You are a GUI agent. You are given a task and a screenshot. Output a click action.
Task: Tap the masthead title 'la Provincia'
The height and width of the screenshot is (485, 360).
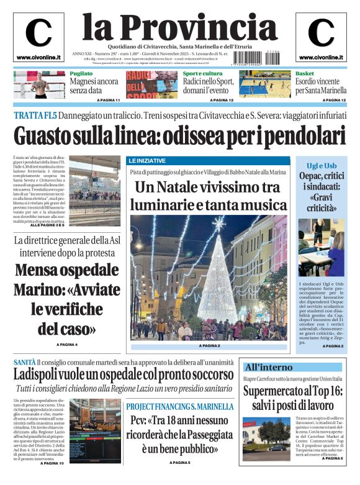tap(179, 27)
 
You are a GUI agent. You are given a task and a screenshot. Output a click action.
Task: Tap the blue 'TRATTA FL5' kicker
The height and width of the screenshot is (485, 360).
tap(35, 116)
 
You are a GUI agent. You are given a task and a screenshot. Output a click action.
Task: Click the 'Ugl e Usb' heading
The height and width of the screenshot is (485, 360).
tap(322, 166)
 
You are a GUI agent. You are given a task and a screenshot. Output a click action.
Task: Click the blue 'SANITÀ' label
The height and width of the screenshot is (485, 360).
tap(24, 362)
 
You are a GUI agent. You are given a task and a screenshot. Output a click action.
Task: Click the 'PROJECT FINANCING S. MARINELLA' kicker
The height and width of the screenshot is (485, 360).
tap(180, 406)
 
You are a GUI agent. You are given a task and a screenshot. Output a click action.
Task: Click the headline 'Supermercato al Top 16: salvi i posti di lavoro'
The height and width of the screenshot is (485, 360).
tap(292, 397)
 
